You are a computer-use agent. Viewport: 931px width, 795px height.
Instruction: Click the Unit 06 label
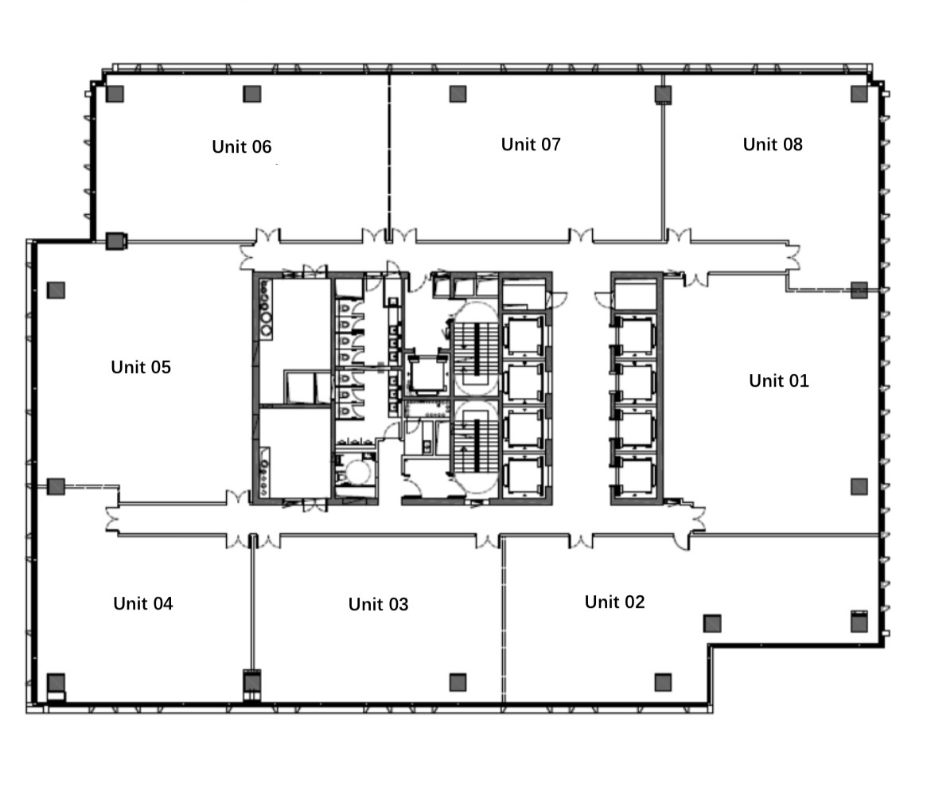point(242,146)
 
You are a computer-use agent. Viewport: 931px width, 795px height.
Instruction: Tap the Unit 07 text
point(531,144)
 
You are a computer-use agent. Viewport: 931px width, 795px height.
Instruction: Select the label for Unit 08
point(773,144)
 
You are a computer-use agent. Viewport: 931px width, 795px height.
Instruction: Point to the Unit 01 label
point(779,380)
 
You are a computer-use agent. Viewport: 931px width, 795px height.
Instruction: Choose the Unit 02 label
point(614,602)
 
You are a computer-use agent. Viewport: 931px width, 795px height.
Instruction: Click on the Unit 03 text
point(378,605)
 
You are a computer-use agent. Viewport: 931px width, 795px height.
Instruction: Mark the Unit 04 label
point(143,604)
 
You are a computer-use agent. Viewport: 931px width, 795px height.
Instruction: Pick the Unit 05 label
point(141,368)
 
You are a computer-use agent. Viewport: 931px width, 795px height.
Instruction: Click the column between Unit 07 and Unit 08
point(663,95)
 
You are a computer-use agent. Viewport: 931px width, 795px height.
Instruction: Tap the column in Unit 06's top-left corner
point(115,94)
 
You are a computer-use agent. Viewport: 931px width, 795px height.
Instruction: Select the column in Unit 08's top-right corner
point(859,94)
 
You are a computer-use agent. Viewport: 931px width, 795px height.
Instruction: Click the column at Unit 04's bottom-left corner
point(56,682)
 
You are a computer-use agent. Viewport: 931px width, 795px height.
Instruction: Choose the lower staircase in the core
point(476,446)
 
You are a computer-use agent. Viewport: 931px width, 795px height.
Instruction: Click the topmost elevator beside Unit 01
point(635,336)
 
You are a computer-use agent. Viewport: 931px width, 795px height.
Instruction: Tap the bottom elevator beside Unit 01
point(635,476)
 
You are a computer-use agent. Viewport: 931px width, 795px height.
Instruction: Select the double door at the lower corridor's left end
point(112,520)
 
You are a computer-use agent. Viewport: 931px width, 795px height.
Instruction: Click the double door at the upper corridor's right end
point(793,258)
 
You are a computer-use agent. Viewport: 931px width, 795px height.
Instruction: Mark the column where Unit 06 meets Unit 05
point(116,241)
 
